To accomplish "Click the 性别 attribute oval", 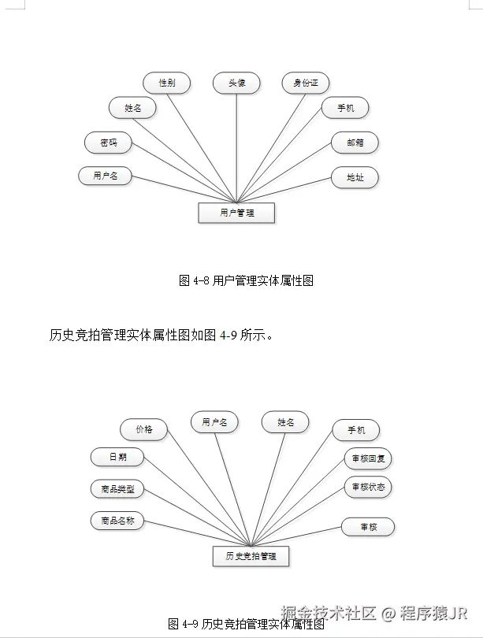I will [x=166, y=83].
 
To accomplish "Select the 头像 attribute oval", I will [x=236, y=83].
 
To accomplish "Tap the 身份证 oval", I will [x=306, y=83].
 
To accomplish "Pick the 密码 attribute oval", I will [x=108, y=143].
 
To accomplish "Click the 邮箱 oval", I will [x=355, y=143].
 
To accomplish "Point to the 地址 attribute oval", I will [x=355, y=177].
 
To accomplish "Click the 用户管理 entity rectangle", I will [x=236, y=213].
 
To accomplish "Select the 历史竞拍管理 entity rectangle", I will [x=251, y=556].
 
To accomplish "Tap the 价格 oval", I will [x=143, y=429].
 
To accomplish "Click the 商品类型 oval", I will [x=117, y=489].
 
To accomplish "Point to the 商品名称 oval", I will [x=117, y=521].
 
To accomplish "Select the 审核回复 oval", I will [x=368, y=458].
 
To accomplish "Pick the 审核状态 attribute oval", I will [x=368, y=487].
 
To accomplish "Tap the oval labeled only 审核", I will [x=368, y=527].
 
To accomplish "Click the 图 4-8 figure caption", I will [x=246, y=280].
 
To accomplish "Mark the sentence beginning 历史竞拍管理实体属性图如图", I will [x=162, y=336].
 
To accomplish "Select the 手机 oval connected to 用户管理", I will [x=345, y=108].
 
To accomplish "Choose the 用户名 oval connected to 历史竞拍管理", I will [x=214, y=423].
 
